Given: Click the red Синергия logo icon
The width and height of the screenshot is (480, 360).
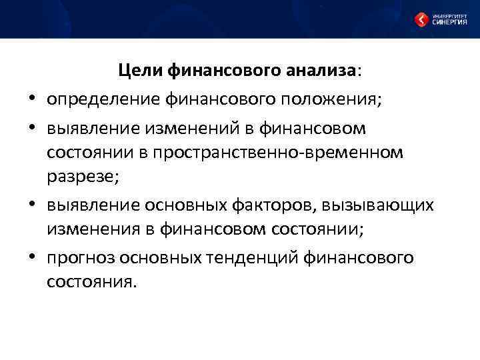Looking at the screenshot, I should click(421, 19).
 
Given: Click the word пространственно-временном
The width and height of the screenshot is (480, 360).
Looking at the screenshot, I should click(278, 152).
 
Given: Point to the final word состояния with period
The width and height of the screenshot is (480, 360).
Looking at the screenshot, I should click(91, 281).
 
